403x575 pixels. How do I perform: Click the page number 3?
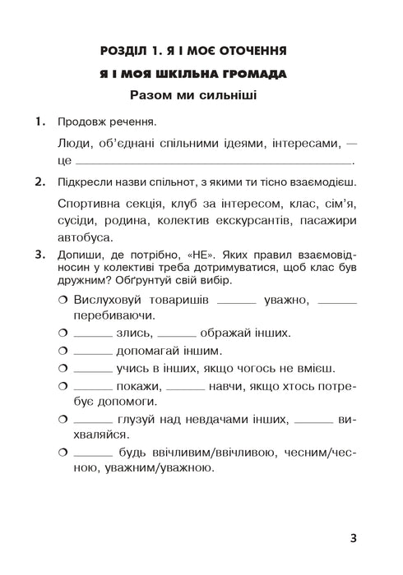[352, 540]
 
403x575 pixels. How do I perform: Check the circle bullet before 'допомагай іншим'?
[63, 351]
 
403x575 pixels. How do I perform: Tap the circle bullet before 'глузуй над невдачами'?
[63, 421]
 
